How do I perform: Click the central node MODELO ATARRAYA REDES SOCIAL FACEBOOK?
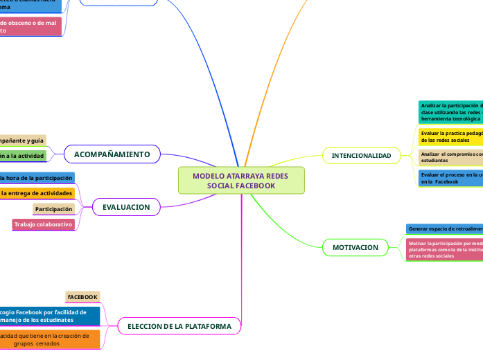click(x=241, y=181)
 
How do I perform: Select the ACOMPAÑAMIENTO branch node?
click(x=112, y=154)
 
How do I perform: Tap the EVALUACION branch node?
click(x=126, y=207)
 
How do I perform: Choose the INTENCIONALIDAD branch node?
click(x=361, y=155)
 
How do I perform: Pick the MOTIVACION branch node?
click(x=355, y=247)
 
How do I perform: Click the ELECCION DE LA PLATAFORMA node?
click(x=179, y=325)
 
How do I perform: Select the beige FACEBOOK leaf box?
click(x=82, y=297)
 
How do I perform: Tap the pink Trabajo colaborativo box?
click(x=44, y=224)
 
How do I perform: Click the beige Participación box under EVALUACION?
click(x=54, y=208)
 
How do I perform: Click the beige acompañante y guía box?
click(x=23, y=141)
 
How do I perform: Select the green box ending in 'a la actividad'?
click(x=23, y=156)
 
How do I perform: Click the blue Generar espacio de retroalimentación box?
click(x=444, y=228)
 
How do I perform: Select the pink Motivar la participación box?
click(x=444, y=250)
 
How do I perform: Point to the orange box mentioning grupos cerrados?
click(x=49, y=339)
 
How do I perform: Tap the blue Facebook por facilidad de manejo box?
click(x=49, y=316)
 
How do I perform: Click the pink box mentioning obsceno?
click(x=30, y=26)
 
